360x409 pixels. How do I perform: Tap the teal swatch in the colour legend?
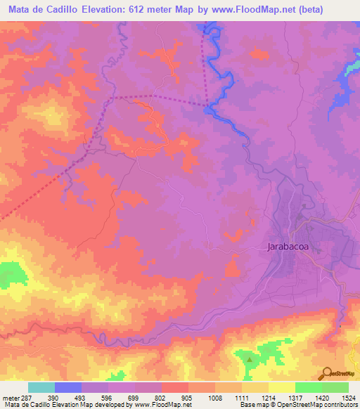click(x=41, y=387)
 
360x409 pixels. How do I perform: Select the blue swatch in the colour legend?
click(x=68, y=387)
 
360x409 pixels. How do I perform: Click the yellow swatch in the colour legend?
click(x=281, y=387)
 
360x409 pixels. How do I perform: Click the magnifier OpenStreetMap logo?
click(x=328, y=373)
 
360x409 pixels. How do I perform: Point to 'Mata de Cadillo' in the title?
click(x=40, y=10)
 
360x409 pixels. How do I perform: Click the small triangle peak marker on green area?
click(x=250, y=360)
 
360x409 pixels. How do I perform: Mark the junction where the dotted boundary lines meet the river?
click(x=208, y=107)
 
